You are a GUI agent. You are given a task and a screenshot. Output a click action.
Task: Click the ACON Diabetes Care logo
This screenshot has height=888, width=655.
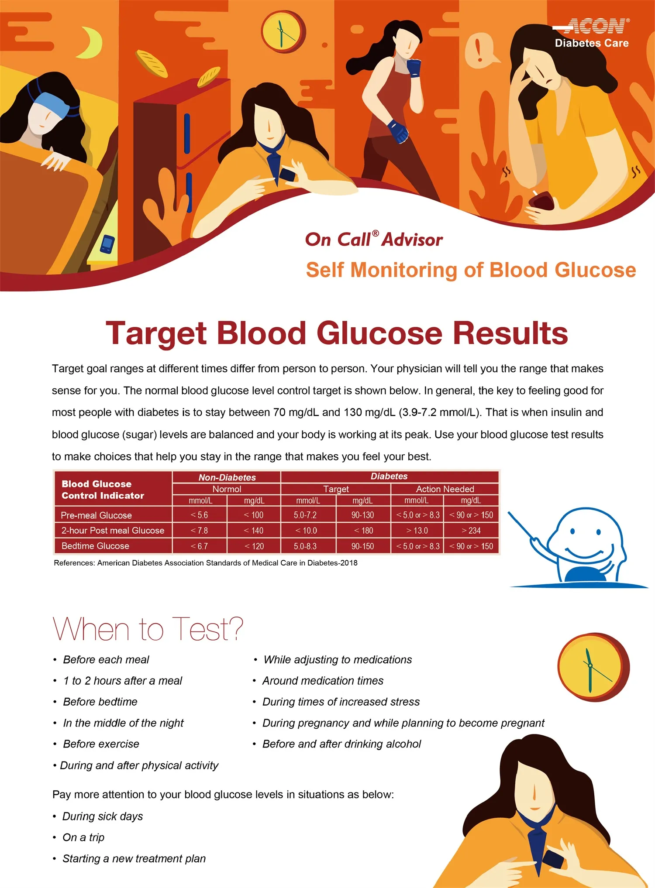[x=592, y=33]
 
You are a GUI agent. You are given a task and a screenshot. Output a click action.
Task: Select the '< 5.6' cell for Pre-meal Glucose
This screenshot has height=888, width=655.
[x=200, y=515]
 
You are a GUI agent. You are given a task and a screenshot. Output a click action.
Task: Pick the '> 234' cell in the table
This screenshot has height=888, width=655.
[x=471, y=531]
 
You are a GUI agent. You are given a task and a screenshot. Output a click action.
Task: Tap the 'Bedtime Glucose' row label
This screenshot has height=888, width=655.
[x=95, y=546]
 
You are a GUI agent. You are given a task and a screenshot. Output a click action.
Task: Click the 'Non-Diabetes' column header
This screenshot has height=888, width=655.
[x=227, y=477]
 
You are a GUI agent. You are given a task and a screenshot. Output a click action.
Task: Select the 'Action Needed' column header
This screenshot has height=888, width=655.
[x=445, y=489]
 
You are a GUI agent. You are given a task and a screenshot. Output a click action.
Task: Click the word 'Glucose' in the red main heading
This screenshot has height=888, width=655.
[x=379, y=333]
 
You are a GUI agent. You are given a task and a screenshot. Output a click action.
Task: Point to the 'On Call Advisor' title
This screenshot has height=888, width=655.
[x=374, y=240]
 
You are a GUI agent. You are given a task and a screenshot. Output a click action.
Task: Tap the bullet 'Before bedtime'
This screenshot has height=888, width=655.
[x=100, y=702]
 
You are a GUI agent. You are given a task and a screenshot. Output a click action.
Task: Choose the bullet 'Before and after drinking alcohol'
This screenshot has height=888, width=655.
[x=341, y=744]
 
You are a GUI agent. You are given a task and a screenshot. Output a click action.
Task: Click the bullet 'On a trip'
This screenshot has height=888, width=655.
[x=83, y=837]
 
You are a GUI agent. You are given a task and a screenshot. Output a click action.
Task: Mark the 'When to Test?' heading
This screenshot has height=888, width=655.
[x=148, y=629]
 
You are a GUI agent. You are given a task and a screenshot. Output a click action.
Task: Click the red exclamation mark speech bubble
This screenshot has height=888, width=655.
[x=480, y=50]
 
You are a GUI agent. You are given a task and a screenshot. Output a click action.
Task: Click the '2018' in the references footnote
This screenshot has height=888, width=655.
[x=349, y=563]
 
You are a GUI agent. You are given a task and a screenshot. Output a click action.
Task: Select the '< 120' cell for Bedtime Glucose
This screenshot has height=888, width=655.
[x=254, y=546]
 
